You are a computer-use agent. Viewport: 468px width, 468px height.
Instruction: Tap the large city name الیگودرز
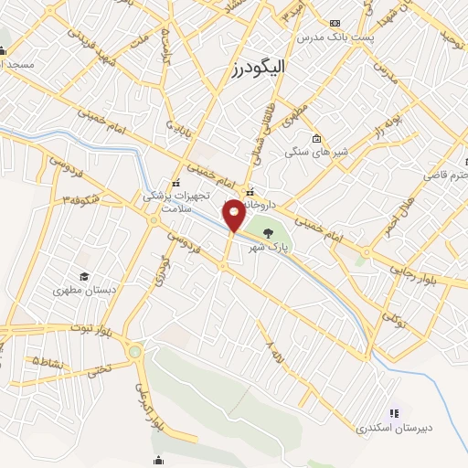coord(261,68)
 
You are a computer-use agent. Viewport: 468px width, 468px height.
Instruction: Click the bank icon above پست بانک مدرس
coord(335,22)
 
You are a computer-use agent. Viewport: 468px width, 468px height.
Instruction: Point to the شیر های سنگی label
coord(310,152)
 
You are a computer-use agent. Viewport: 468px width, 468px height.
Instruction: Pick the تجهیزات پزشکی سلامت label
coord(181,202)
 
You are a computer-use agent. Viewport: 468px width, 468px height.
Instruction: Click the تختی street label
coord(97,371)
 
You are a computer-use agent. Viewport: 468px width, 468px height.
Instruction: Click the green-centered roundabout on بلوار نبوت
coord(135,351)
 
